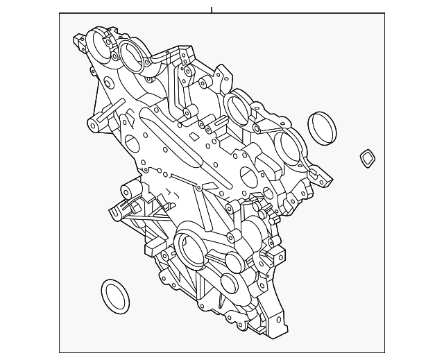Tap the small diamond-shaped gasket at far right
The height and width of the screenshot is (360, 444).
coord(366,158)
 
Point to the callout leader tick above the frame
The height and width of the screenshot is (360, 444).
coord(212,10)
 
